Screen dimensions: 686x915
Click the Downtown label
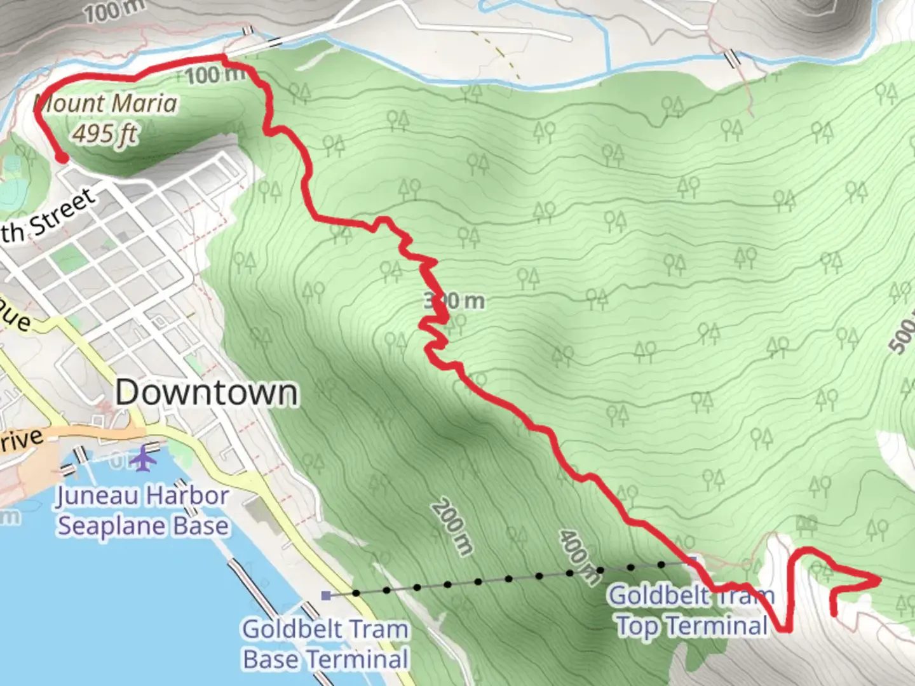207,393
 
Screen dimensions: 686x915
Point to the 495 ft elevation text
105,133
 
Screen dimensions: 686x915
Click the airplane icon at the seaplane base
146,459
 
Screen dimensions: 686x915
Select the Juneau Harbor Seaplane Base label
142,511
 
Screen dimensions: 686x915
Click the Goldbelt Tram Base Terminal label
325,644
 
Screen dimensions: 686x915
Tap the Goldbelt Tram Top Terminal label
692,610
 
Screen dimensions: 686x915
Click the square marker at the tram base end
326,595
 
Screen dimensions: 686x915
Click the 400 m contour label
579,556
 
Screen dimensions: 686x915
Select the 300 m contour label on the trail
455,300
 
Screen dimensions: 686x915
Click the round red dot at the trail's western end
61,158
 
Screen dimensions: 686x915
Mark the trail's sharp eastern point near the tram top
879,579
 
